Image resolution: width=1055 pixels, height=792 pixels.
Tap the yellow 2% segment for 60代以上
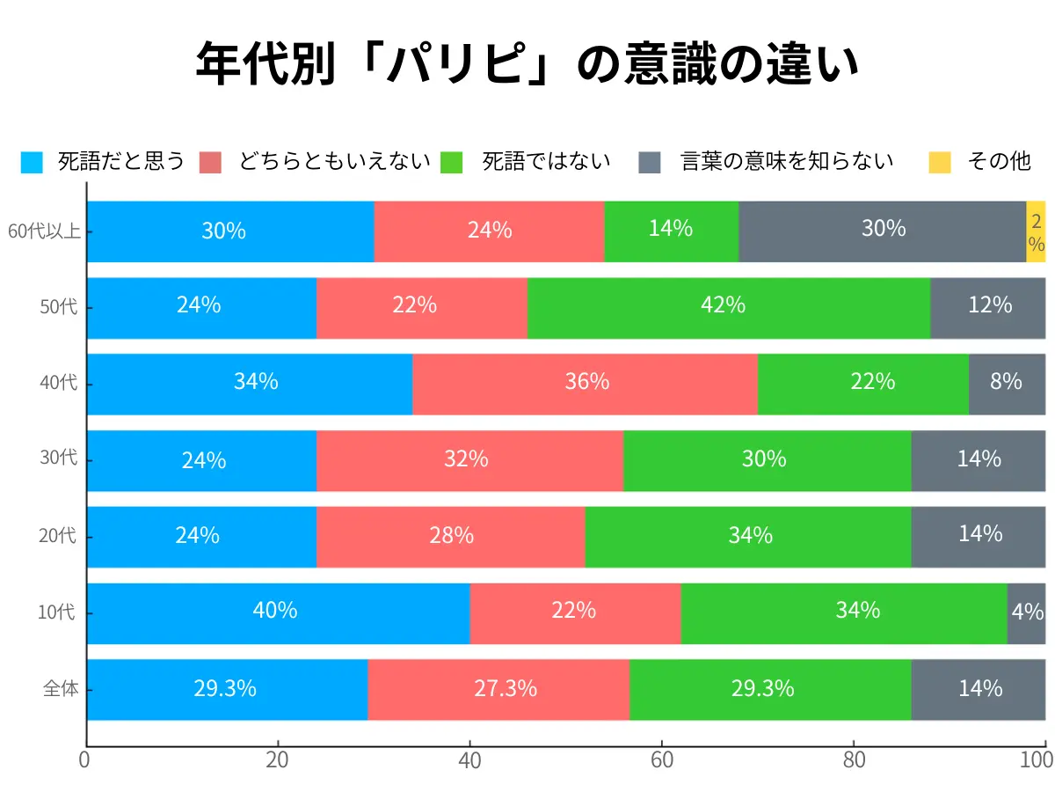[x=1036, y=231]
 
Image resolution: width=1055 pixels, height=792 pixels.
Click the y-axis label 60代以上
[x=44, y=232]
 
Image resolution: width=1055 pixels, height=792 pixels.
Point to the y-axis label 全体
[x=61, y=689]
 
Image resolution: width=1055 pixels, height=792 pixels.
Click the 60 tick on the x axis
[x=661, y=760]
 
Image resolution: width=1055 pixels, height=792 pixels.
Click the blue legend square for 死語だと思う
[x=32, y=162]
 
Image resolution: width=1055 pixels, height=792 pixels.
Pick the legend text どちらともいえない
[x=334, y=162]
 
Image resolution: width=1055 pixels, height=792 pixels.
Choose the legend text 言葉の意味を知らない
[x=787, y=162]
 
